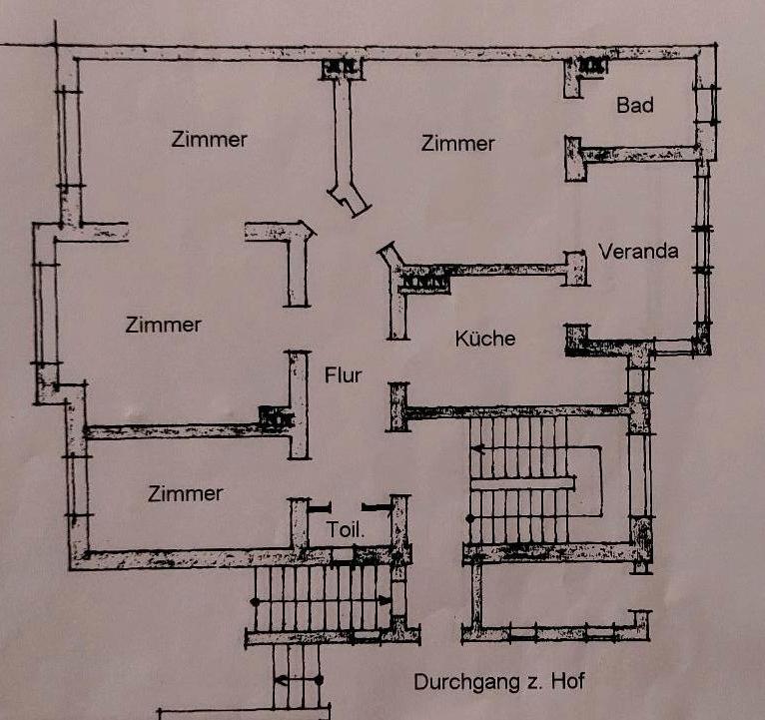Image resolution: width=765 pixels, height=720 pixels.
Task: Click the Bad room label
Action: click(x=635, y=105)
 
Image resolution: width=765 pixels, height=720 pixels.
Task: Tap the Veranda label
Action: click(x=638, y=251)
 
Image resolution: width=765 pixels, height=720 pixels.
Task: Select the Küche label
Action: click(x=485, y=339)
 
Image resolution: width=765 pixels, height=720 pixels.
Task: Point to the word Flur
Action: click(x=343, y=375)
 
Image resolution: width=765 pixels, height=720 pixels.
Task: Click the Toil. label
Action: click(x=346, y=529)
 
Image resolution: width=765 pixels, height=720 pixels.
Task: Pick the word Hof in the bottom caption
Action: click(x=564, y=683)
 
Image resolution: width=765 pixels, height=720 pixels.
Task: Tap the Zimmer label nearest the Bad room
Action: click(x=457, y=144)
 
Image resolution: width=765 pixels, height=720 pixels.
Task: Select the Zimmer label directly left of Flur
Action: click(x=164, y=325)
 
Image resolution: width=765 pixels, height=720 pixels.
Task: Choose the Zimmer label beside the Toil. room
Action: click(x=185, y=493)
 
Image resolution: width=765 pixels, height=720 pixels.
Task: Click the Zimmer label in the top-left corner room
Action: click(x=209, y=139)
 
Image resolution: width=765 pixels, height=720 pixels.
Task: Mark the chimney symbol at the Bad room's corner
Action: click(x=593, y=66)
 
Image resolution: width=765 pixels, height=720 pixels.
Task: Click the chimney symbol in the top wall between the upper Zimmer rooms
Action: click(x=341, y=68)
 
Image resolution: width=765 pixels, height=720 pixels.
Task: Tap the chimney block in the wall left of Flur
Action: click(x=272, y=418)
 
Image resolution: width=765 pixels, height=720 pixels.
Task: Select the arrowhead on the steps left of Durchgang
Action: click(x=282, y=679)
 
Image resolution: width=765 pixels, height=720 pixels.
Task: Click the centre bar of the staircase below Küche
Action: click(x=521, y=483)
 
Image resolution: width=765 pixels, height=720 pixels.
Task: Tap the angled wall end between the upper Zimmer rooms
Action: click(x=352, y=199)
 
